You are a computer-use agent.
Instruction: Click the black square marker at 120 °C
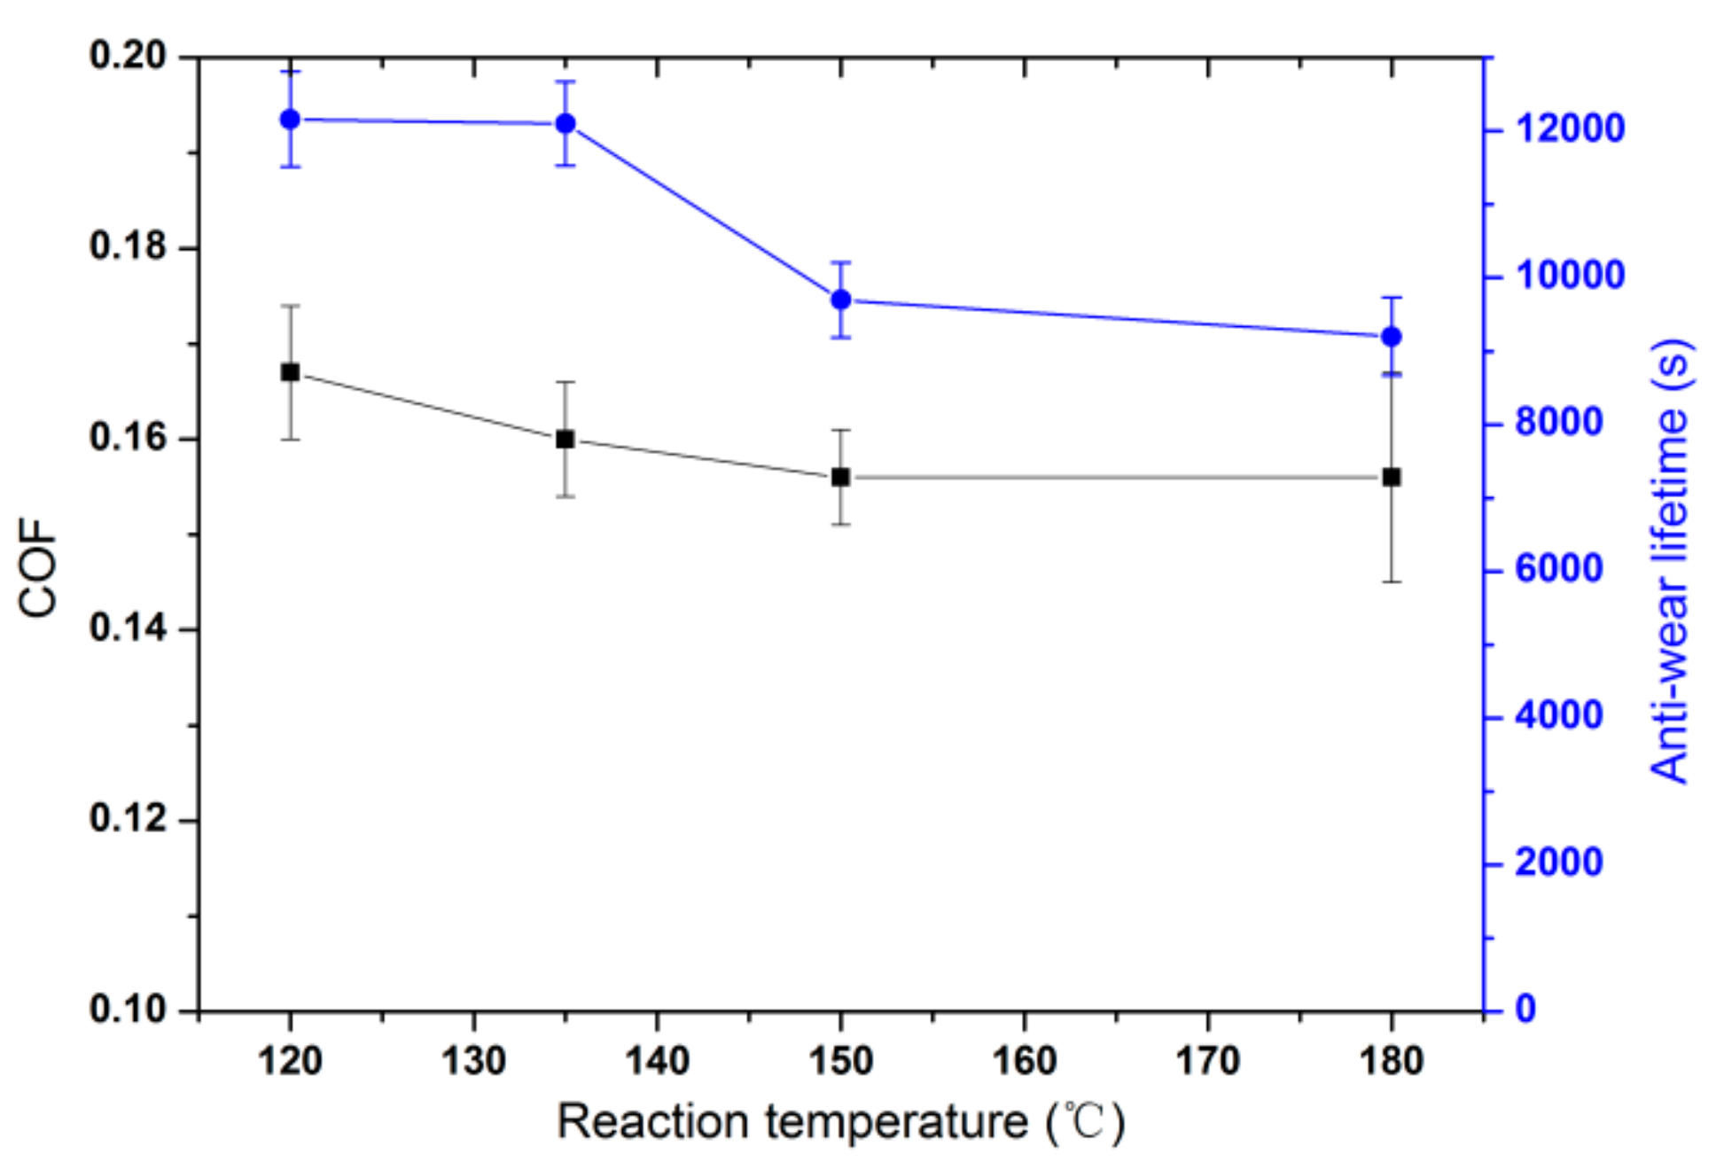coord(290,372)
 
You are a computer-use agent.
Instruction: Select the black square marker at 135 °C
coord(565,440)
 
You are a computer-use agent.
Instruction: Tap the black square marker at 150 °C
coord(841,478)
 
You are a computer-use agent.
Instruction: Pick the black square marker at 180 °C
coord(1392,478)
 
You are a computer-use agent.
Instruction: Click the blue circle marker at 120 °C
coord(290,120)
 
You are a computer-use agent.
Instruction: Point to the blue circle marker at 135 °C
coord(565,123)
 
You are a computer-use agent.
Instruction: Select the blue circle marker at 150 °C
coord(841,300)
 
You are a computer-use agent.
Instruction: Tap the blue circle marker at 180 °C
coord(1392,337)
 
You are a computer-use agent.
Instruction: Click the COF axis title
coord(38,566)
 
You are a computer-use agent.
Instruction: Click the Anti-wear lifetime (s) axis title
coord(1671,560)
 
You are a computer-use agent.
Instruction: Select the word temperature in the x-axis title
coord(896,1122)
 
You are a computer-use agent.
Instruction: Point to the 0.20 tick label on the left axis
coord(129,56)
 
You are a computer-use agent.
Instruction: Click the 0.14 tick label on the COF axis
coord(129,628)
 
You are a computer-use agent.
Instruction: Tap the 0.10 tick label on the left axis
coord(129,1010)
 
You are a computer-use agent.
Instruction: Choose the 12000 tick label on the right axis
coord(1570,129)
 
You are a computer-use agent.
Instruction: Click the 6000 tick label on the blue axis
coord(1559,569)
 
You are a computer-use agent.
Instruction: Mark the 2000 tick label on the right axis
coord(1559,862)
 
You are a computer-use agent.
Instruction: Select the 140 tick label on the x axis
coord(657,1061)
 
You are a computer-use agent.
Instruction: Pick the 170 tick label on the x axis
coord(1207,1061)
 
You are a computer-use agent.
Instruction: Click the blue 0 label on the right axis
coord(1525,1010)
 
